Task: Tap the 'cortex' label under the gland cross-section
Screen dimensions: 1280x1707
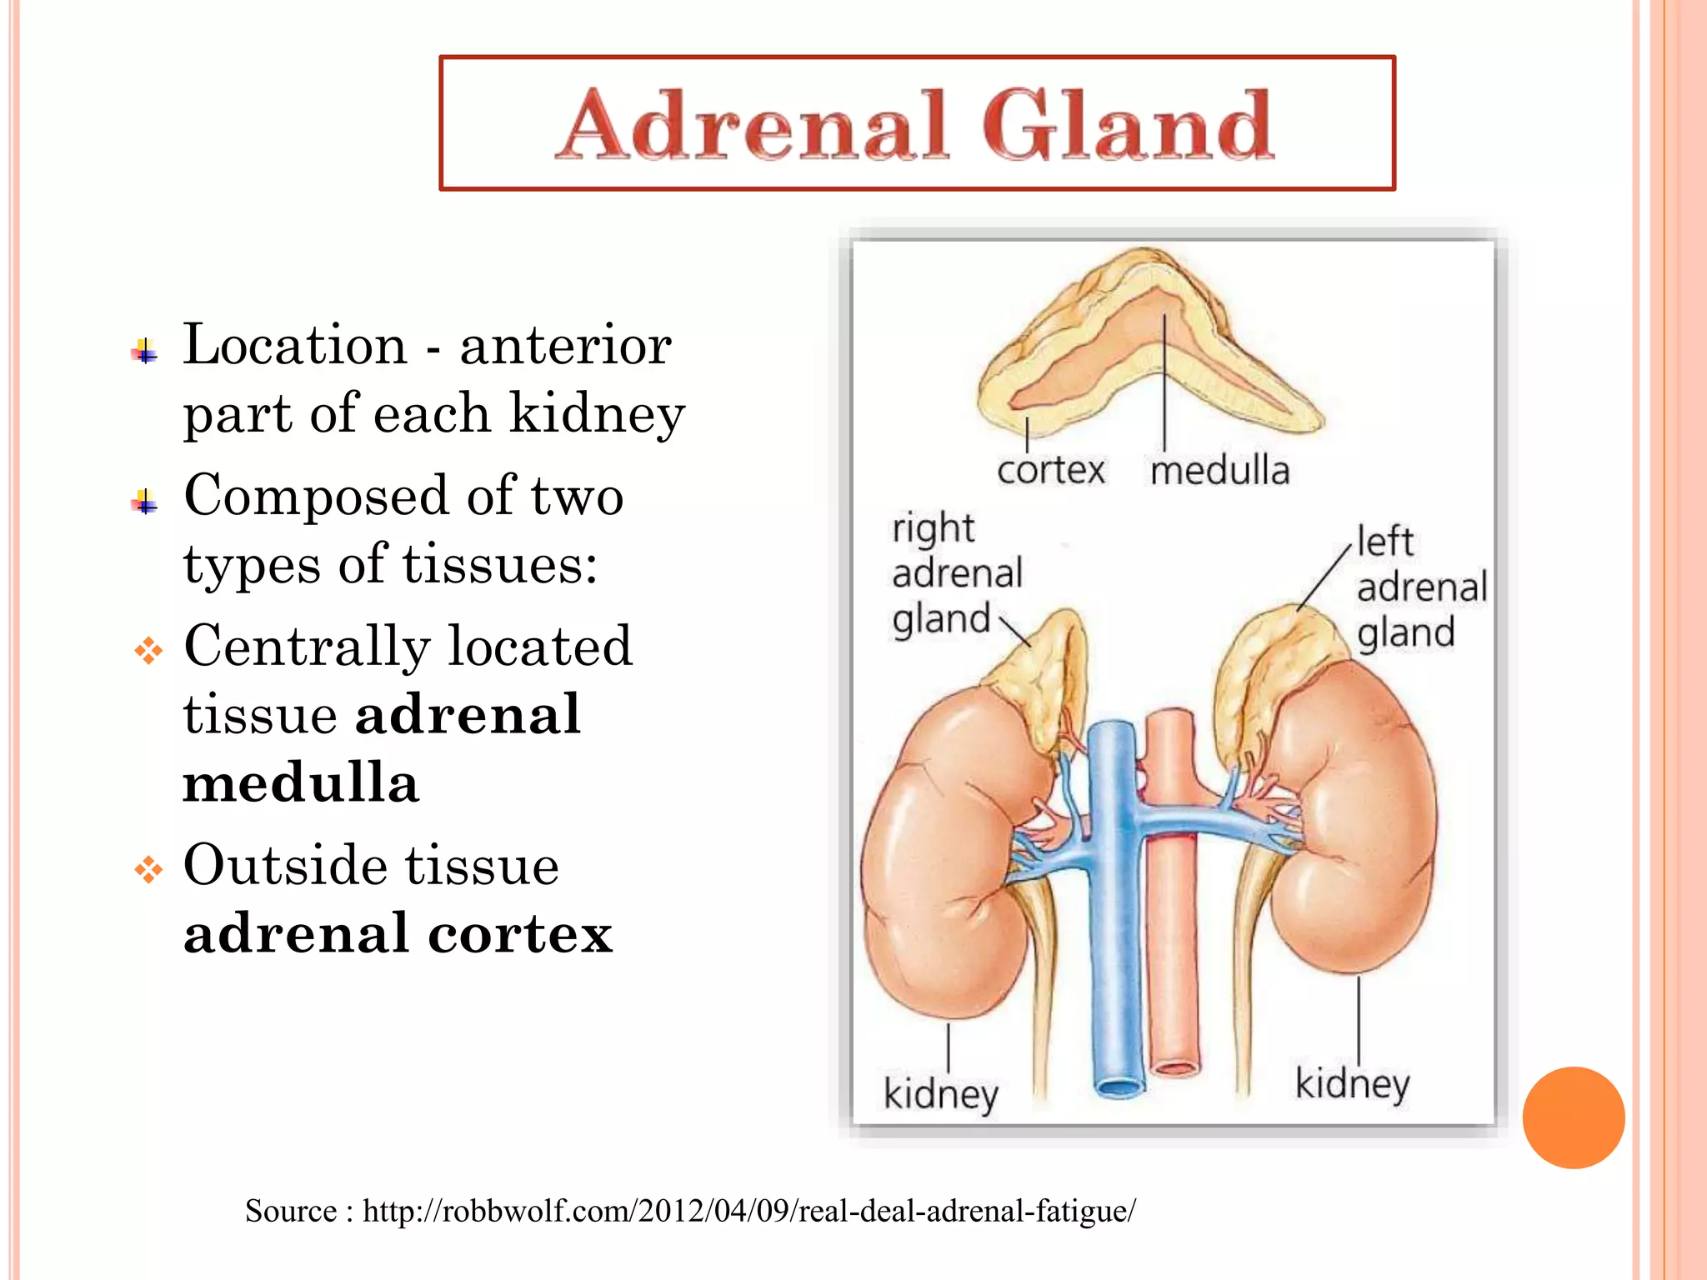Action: coord(1050,470)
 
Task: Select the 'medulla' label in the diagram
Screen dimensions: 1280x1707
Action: coord(1219,470)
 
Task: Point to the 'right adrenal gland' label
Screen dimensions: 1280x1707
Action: coord(955,573)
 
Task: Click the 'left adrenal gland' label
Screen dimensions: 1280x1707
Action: coord(1420,587)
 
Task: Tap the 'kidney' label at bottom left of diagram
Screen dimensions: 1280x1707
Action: coord(940,1093)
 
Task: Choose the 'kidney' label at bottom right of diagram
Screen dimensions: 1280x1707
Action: coord(1352,1083)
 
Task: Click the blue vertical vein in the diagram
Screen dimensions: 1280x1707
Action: coord(1114,958)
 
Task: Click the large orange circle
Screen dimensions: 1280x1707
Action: coord(1573,1117)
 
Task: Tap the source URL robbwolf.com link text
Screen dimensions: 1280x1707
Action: coord(748,1210)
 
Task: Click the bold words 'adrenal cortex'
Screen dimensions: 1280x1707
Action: coord(398,933)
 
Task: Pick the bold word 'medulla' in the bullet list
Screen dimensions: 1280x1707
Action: coord(301,783)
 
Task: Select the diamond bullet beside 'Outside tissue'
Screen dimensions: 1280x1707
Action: coord(148,869)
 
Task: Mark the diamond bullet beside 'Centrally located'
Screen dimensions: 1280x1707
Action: coord(148,650)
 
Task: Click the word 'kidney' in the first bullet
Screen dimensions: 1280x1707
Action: coord(597,413)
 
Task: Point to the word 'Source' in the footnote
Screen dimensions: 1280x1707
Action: coord(291,1210)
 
